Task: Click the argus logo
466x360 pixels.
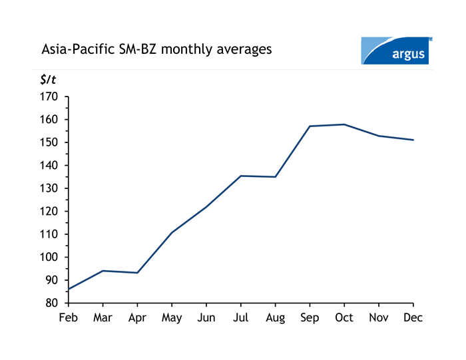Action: pyautogui.click(x=396, y=51)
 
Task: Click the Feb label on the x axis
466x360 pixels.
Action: pyautogui.click(x=69, y=318)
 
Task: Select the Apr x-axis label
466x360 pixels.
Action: pyautogui.click(x=137, y=318)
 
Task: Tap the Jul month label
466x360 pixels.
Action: pyautogui.click(x=241, y=318)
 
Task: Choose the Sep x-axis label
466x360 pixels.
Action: pyautogui.click(x=310, y=318)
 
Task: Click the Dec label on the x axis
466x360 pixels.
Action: pyautogui.click(x=413, y=318)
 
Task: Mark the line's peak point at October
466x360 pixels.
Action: pyautogui.click(x=344, y=124)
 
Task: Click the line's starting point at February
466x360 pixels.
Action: pyautogui.click(x=69, y=289)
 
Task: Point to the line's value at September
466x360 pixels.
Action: pyautogui.click(x=310, y=126)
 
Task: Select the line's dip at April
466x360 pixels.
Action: pyautogui.click(x=137, y=273)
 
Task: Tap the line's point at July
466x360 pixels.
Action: pyautogui.click(x=241, y=176)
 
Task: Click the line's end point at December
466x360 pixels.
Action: pyautogui.click(x=413, y=140)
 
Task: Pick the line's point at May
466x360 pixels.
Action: pyautogui.click(x=172, y=232)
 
